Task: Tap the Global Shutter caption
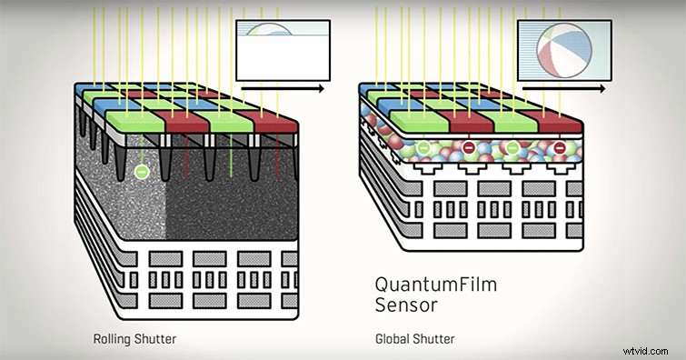point(414,340)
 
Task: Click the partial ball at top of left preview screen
point(268,29)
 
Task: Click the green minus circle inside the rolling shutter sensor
point(141,171)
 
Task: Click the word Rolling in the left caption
point(112,340)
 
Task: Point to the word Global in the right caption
point(393,340)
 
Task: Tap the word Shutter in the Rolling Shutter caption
point(156,340)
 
